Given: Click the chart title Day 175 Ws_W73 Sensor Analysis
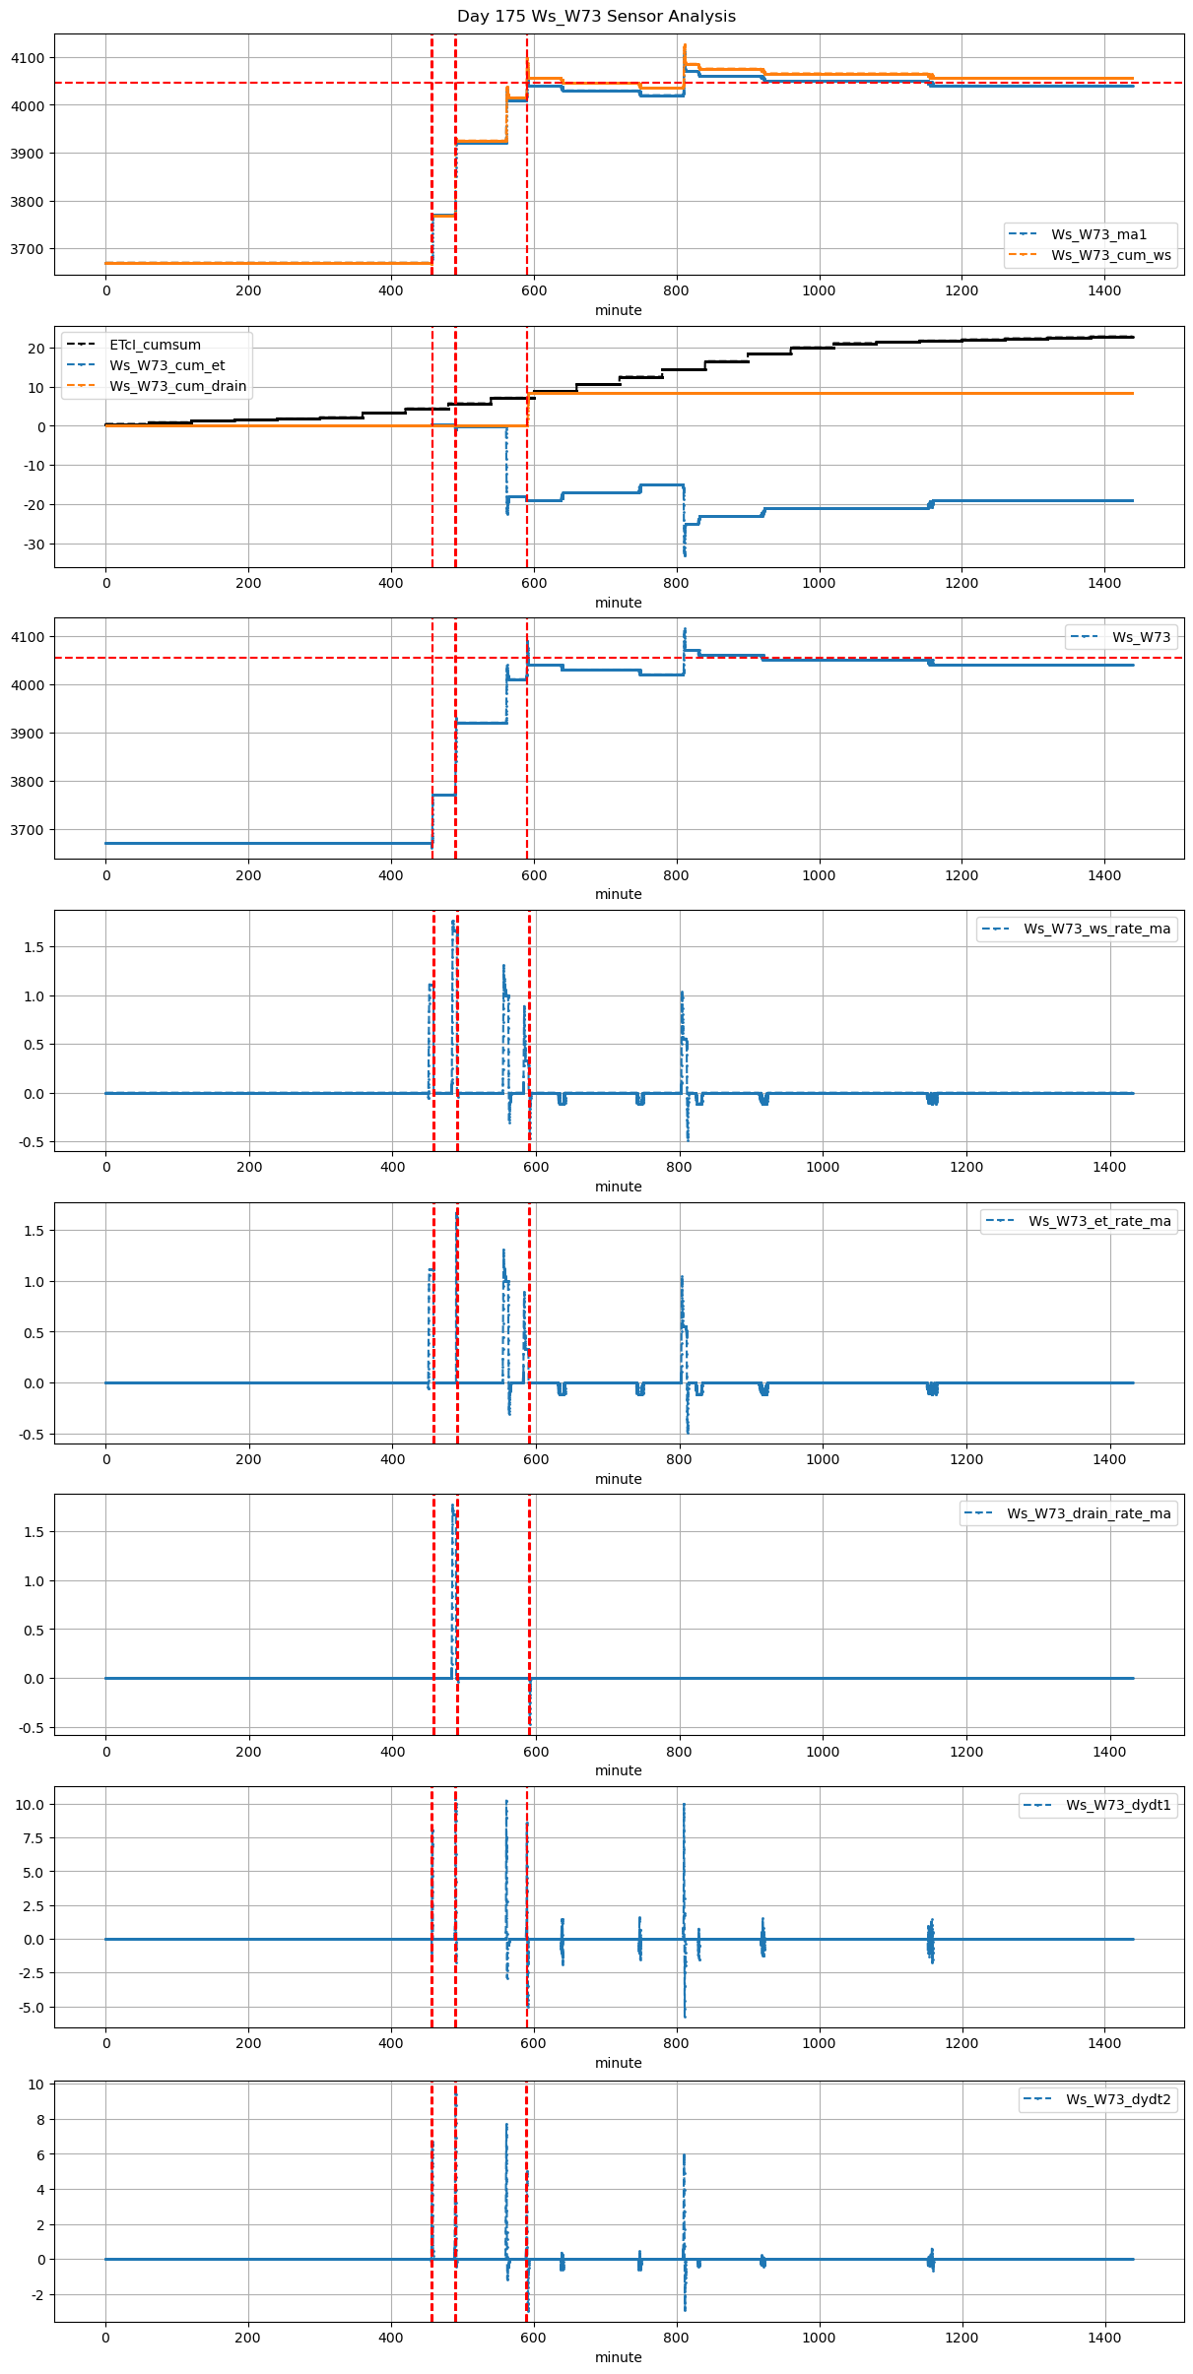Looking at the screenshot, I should (596, 17).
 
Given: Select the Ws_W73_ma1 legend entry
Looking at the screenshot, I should (1098, 234).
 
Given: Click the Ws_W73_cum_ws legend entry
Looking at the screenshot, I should (1110, 255).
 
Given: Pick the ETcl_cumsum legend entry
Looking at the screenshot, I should (155, 345).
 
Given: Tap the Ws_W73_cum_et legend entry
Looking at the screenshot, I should (166, 365).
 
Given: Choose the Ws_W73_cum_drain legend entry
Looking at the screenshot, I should (177, 386).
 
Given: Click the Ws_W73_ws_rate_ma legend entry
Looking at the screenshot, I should (1096, 929).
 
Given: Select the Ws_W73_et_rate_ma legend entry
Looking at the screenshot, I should (1099, 1221).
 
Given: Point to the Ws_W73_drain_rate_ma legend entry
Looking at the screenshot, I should (1089, 1513).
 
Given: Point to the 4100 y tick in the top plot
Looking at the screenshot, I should (28, 58).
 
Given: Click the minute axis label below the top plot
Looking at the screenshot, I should (618, 310).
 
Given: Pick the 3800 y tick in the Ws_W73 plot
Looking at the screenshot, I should (28, 782).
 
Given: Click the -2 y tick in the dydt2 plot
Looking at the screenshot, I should (35, 2295).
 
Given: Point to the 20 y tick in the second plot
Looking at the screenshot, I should (36, 349).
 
